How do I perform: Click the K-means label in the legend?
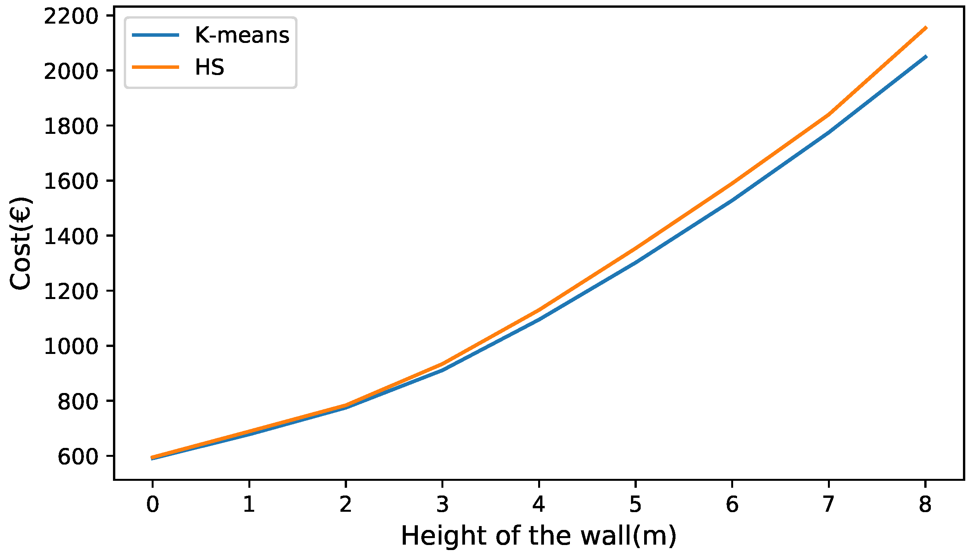[242, 35]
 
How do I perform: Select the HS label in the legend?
[209, 67]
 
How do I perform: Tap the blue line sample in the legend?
[156, 35]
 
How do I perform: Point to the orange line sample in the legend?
[156, 67]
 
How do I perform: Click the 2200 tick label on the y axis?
[71, 17]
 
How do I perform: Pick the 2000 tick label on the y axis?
[71, 72]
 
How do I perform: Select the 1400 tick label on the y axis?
[71, 237]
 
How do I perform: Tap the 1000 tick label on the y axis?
[71, 347]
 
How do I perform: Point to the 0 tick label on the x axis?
[152, 505]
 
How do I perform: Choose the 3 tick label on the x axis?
[442, 505]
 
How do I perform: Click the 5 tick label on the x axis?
[635, 505]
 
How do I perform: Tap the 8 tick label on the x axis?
[925, 505]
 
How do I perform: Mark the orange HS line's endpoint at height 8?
[925, 28]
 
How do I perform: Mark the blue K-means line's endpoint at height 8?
[925, 57]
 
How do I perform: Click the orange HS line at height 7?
[828, 114]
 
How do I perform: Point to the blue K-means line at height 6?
[732, 200]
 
